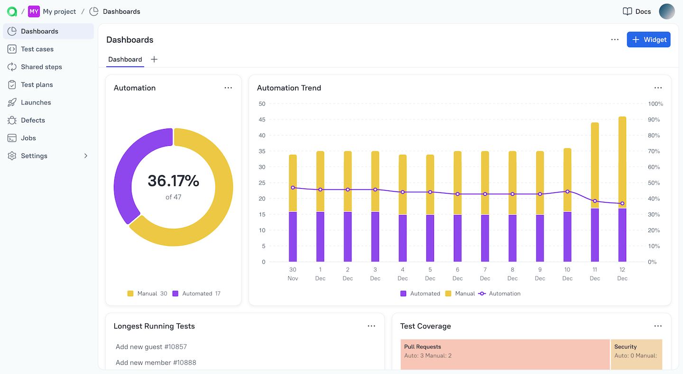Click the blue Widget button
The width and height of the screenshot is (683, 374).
click(x=648, y=40)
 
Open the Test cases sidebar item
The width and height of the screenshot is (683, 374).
click(x=37, y=49)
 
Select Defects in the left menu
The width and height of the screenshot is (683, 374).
click(x=33, y=120)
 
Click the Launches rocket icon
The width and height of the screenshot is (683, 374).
click(x=12, y=103)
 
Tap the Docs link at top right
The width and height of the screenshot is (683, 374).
click(x=637, y=11)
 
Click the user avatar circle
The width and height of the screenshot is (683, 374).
click(x=667, y=11)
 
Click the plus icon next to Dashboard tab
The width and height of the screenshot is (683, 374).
click(x=154, y=59)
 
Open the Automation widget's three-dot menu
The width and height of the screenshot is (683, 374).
click(x=228, y=88)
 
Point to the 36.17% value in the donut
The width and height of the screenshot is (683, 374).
click(x=173, y=181)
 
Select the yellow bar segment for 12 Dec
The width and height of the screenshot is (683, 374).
click(x=622, y=161)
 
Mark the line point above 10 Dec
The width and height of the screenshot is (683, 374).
click(x=567, y=192)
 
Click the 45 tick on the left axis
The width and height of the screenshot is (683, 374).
click(x=261, y=120)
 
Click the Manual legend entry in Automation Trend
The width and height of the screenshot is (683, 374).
click(x=460, y=294)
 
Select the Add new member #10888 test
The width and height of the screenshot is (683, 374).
click(x=156, y=363)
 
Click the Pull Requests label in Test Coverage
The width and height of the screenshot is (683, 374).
click(x=422, y=347)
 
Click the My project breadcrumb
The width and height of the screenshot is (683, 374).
click(x=59, y=11)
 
